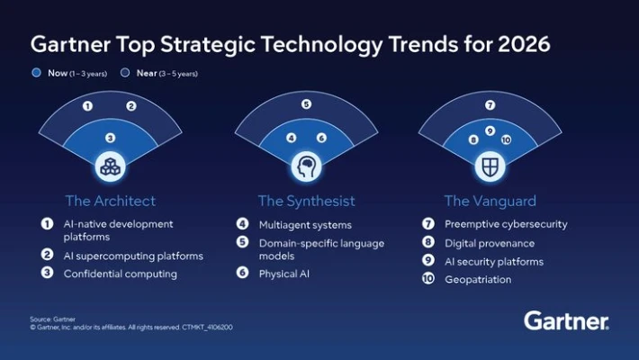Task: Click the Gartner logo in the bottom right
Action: pos(566,320)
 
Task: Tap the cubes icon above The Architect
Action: pos(110,166)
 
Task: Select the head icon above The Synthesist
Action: pos(306,166)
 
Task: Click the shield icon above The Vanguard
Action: pos(490,166)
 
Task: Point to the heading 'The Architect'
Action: pos(110,201)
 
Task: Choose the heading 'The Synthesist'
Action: pos(306,201)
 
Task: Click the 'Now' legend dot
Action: pos(36,72)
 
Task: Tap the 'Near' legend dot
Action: pos(125,72)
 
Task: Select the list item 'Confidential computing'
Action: pos(120,274)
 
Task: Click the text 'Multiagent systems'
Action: pos(304,224)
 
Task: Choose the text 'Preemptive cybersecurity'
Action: pos(506,224)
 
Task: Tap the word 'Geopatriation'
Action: pos(478,279)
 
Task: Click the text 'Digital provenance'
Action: pos(489,243)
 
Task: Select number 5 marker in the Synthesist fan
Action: pos(306,104)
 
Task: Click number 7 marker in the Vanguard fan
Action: pos(490,105)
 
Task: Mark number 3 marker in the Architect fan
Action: pos(110,138)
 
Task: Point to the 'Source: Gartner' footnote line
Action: pos(51,319)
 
